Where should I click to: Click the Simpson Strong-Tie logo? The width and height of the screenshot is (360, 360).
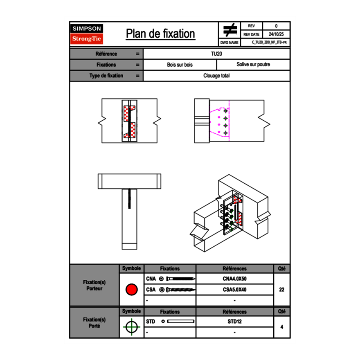tap(87, 34)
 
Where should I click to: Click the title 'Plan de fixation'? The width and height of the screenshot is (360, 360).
tap(160, 34)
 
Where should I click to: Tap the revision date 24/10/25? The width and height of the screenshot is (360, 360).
tap(276, 34)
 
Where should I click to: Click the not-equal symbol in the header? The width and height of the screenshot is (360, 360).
tap(230, 30)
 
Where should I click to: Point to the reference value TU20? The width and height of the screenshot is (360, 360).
tap(216, 54)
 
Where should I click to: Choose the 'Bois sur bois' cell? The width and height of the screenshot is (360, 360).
tap(180, 65)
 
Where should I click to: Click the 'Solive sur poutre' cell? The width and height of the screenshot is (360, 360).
tap(253, 65)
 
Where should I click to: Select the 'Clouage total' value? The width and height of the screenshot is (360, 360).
tap(216, 76)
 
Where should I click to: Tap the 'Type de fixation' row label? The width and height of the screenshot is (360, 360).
tap(106, 76)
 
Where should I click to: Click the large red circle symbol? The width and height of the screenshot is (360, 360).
tap(131, 290)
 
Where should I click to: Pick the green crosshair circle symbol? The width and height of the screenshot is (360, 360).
tap(131, 327)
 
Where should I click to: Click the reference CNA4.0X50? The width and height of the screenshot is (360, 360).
tap(234, 279)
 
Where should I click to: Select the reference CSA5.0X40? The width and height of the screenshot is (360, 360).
tap(234, 290)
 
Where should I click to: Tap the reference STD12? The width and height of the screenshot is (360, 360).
tap(234, 322)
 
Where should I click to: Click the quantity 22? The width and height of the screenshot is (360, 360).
tap(281, 290)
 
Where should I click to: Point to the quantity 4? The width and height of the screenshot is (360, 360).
tap(281, 327)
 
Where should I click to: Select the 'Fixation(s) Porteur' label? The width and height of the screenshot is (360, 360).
tap(94, 285)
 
